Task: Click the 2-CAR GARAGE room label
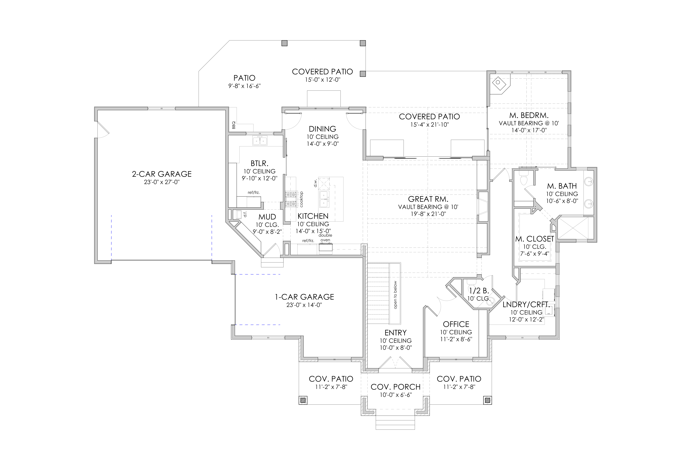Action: point(162,174)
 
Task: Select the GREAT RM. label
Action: point(428,199)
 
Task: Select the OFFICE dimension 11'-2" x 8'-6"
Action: point(456,339)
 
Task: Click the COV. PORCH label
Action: point(395,387)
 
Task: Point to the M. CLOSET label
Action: point(535,239)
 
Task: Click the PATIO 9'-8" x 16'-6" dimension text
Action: point(244,86)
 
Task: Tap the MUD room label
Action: point(267,217)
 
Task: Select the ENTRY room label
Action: point(395,333)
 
